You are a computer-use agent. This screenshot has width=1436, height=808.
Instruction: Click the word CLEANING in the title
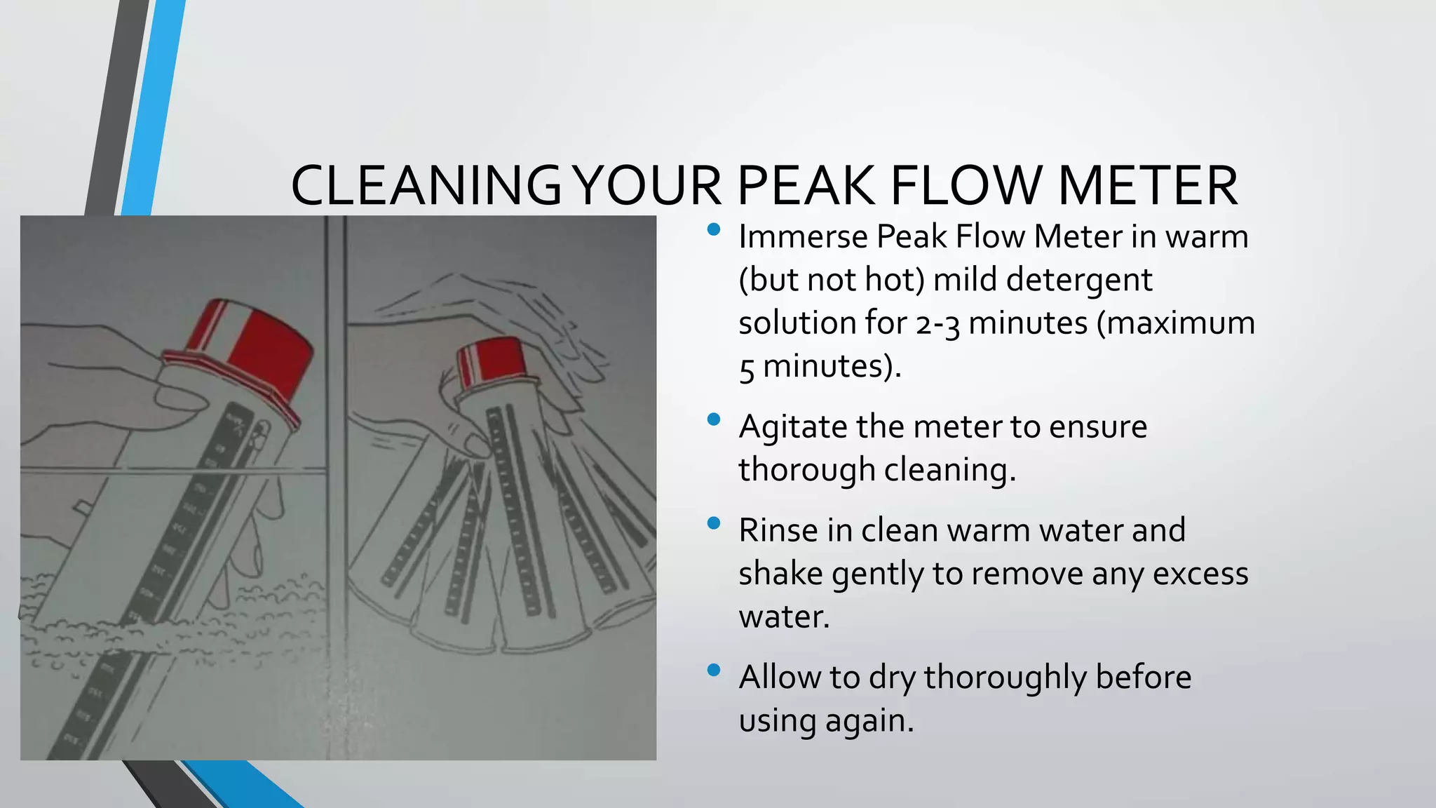click(426, 186)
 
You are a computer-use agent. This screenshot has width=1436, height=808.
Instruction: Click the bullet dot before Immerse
click(714, 229)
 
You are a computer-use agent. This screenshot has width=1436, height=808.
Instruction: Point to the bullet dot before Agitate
click(714, 419)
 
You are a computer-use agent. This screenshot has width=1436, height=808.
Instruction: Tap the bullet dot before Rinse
click(714, 523)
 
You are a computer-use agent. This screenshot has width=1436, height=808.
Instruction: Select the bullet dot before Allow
click(714, 670)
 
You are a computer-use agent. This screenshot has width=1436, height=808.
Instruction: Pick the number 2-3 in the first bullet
click(937, 324)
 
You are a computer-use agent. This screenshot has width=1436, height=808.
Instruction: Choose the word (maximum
click(1175, 324)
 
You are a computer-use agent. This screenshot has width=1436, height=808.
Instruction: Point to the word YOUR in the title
click(647, 186)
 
